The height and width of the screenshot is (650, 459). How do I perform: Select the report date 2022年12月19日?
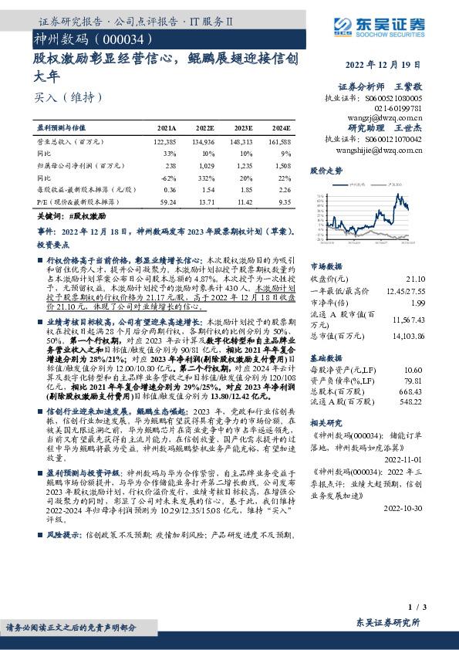tap(394, 65)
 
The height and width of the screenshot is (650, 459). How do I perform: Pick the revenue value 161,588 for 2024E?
tap(280, 143)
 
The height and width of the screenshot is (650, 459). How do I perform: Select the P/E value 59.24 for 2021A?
tap(167, 201)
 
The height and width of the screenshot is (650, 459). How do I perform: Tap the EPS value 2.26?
tap(284, 188)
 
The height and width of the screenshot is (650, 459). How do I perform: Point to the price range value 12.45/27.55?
tap(403, 289)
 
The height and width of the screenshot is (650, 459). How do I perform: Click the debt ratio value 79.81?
tap(413, 381)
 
